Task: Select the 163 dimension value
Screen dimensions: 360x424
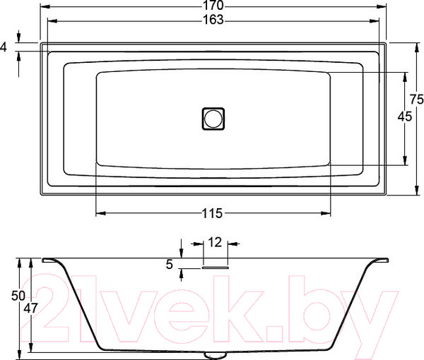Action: [x=213, y=20]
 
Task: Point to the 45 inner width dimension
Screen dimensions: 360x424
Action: [x=405, y=117]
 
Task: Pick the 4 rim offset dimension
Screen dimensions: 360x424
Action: [x=5, y=47]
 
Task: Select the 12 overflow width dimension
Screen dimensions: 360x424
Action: [x=216, y=242]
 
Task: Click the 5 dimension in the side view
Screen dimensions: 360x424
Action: [x=170, y=265]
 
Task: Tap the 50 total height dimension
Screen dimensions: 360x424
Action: [x=6, y=296]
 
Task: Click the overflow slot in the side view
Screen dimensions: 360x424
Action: [x=216, y=267]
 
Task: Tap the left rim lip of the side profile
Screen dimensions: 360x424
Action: [x=49, y=260]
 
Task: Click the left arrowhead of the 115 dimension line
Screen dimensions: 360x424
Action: [x=99, y=212]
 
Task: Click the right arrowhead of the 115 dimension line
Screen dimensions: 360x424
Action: [x=327, y=212]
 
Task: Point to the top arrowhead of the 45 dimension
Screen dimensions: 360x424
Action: [x=405, y=76]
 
